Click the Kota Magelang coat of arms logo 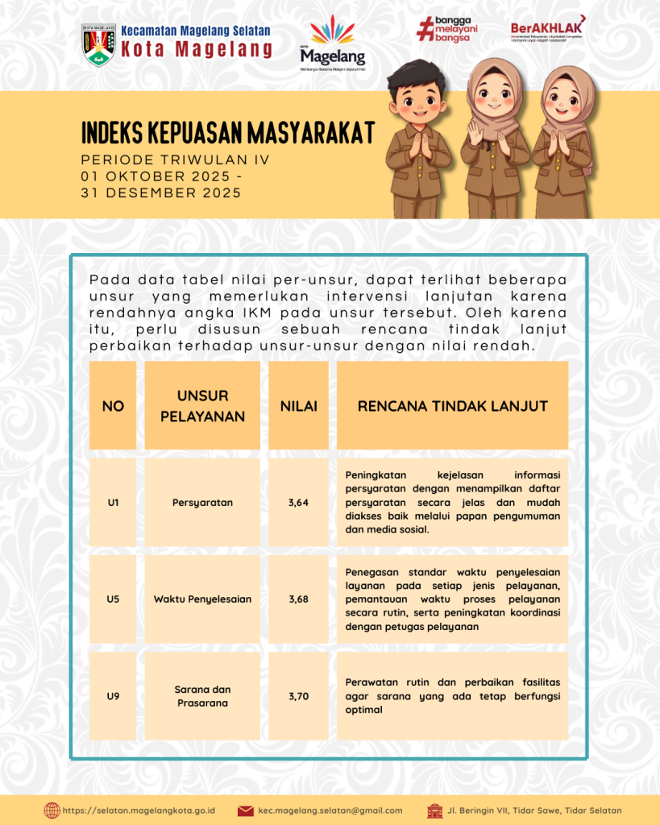point(98,44)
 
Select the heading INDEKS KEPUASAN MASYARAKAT point(228,132)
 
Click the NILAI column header point(298,406)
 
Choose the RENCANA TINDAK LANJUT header point(452,406)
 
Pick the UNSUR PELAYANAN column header point(202,406)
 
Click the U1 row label point(113,503)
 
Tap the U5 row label point(113,599)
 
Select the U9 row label point(113,696)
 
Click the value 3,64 point(298,503)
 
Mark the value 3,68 point(298,599)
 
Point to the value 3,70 point(298,696)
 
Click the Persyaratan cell point(202,503)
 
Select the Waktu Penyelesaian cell point(202,599)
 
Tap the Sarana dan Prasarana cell point(202,696)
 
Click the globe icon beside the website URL point(52,810)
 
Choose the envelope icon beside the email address point(246,810)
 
